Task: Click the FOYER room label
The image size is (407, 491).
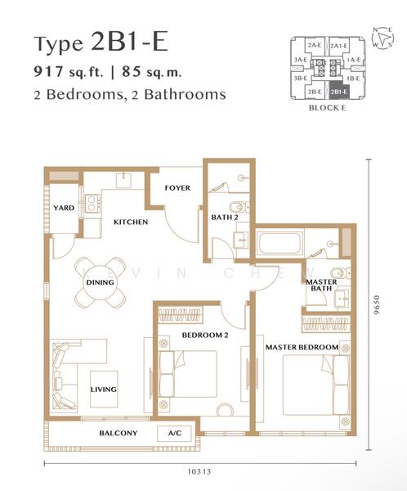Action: point(177,188)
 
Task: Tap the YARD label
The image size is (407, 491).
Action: point(64,208)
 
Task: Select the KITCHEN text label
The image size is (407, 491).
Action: point(131,222)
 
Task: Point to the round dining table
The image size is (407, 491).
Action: point(100,282)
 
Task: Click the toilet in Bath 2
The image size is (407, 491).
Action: point(239,207)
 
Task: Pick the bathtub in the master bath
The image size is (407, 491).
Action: point(280,244)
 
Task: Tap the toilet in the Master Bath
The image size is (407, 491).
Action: point(340,273)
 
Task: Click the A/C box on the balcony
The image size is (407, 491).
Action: point(175,434)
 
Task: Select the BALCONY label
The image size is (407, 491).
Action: point(119,433)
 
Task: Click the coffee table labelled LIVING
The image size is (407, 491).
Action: point(104,390)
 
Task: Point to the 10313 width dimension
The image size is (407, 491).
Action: point(199,471)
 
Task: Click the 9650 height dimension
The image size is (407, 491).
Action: point(377,304)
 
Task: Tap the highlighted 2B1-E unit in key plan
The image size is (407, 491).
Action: point(339,91)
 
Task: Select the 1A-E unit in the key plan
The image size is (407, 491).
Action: point(354,60)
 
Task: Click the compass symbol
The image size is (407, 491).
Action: point(383,38)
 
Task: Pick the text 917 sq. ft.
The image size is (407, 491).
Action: point(68,72)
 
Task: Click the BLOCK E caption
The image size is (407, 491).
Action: point(328,108)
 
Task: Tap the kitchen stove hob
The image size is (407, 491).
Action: point(92,203)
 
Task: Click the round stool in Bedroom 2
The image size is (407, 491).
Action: point(225,410)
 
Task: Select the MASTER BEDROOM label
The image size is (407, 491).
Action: point(302,347)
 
